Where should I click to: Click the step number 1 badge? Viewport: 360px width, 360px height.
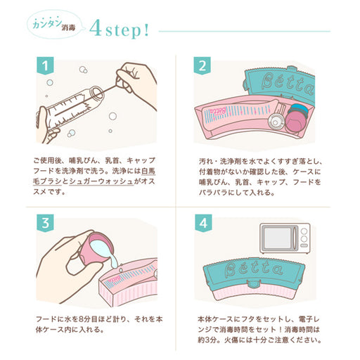pos(45,65)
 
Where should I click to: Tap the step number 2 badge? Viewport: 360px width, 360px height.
pos(202,65)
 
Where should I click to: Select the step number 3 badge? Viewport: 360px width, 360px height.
pos(45,223)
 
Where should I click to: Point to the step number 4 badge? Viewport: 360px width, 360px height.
pos(203,223)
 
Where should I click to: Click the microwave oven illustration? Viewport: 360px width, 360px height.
pos(285,238)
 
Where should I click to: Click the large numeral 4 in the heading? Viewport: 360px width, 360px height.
pos(96,28)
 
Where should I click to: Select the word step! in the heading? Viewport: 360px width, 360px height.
pos(127,30)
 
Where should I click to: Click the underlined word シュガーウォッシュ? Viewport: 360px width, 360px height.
pos(101,181)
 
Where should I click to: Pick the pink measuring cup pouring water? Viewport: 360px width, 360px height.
pos(96,248)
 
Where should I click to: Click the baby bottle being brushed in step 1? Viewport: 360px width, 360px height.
pos(70,108)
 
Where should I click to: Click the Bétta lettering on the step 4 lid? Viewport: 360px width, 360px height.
pos(253,268)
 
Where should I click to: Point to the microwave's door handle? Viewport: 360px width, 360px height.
pos(295,238)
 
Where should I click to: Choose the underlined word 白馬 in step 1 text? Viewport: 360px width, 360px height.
pos(148,171)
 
